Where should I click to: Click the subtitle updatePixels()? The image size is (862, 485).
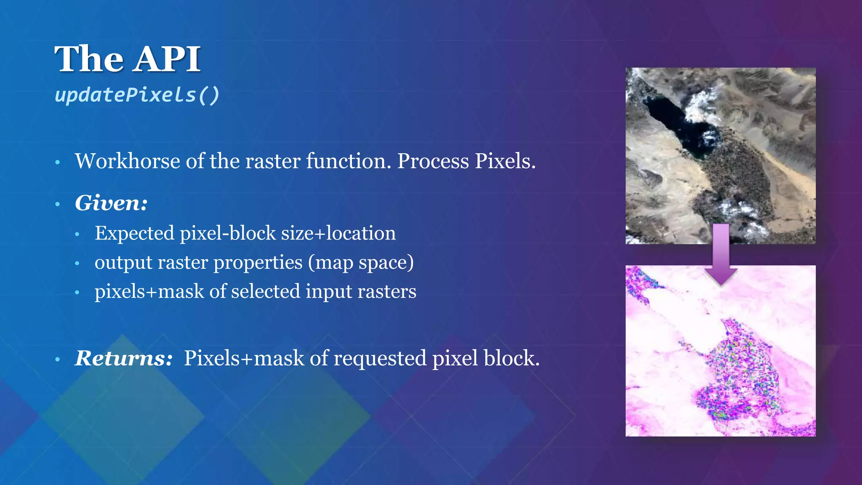137,95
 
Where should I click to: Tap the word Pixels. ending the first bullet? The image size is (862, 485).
505,161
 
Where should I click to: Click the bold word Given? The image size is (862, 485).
111,203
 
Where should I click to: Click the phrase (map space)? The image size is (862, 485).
361,263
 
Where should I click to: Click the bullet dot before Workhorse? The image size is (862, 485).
58,162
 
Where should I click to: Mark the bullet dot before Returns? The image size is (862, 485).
58,360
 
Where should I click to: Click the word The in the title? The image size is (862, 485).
89,59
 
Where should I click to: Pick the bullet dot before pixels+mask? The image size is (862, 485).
77,292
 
